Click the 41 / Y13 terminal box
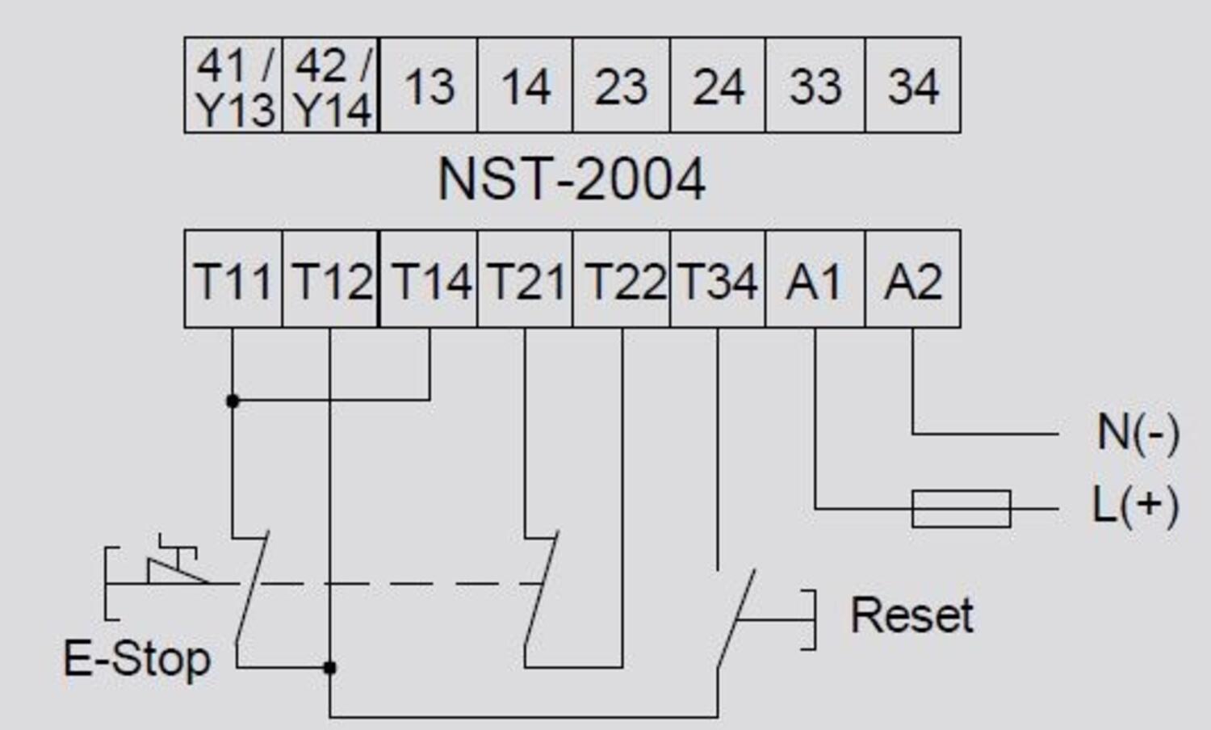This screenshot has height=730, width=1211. pyautogui.click(x=233, y=86)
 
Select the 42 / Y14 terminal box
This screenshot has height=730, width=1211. pyautogui.click(x=331, y=86)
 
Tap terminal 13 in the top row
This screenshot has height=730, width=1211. pyautogui.click(x=429, y=86)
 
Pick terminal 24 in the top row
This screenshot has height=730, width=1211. pyautogui.click(x=718, y=86)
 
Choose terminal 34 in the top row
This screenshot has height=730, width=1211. pyautogui.click(x=913, y=86)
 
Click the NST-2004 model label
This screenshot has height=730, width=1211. pyautogui.click(x=571, y=179)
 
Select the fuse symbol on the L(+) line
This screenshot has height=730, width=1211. pyautogui.click(x=961, y=509)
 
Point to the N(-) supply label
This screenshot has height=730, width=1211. pyautogui.click(x=1138, y=434)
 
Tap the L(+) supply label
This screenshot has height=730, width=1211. pyautogui.click(x=1135, y=506)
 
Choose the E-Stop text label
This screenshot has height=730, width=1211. pyautogui.click(x=136, y=660)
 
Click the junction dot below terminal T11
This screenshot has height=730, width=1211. pyautogui.click(x=233, y=401)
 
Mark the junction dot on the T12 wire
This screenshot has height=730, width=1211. pyautogui.click(x=329, y=668)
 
